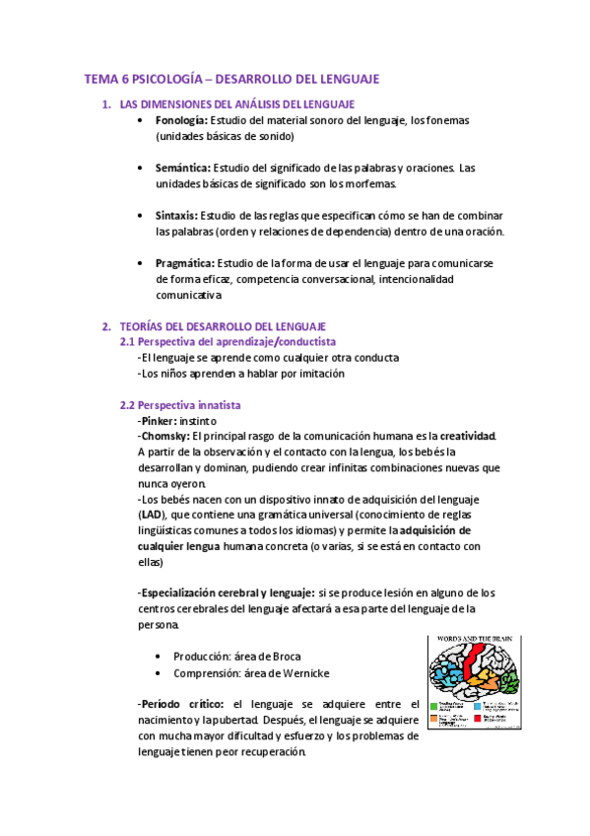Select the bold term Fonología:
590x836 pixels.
click(x=182, y=120)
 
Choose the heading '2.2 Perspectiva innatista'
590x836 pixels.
click(x=180, y=405)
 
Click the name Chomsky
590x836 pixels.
click(x=166, y=436)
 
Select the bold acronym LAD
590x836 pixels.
click(x=151, y=515)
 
